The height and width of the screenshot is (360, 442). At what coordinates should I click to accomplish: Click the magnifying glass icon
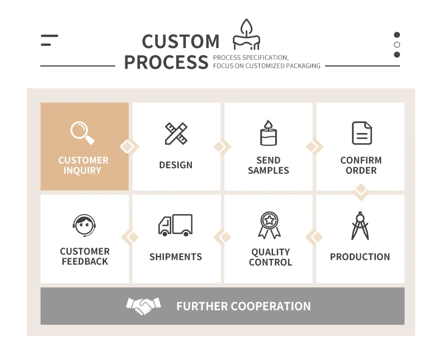(82, 132)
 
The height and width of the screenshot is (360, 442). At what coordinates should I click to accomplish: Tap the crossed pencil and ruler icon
(176, 134)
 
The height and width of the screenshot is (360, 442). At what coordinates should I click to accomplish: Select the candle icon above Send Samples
(268, 133)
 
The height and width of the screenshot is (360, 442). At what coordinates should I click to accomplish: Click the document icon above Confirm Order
(361, 133)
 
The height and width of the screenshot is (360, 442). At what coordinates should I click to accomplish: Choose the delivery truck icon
(175, 225)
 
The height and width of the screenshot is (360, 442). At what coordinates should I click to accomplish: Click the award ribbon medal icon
(269, 225)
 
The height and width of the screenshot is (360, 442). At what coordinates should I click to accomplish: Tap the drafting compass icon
(360, 225)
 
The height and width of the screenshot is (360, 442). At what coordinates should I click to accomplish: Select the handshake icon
(143, 306)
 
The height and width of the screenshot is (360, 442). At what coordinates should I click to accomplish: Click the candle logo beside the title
(246, 35)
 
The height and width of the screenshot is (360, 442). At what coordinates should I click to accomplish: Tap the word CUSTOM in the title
(180, 41)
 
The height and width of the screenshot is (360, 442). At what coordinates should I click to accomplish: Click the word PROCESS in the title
(166, 62)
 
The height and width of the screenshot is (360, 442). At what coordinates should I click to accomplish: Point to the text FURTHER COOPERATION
(243, 306)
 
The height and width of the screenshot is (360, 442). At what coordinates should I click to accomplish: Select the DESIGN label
(176, 165)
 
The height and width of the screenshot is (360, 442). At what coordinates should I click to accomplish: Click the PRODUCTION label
(360, 257)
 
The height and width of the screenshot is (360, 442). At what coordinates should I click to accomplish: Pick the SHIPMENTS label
(176, 257)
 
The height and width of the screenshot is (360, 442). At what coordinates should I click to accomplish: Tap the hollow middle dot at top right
(397, 45)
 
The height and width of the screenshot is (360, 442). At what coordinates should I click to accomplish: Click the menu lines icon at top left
(49, 40)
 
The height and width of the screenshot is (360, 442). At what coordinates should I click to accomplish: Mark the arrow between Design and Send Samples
(223, 147)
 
